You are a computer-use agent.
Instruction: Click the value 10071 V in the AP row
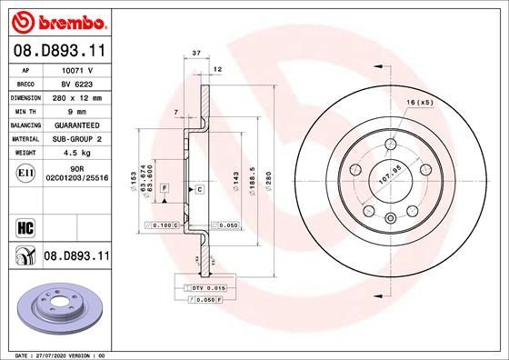pyautogui.click(x=76, y=68)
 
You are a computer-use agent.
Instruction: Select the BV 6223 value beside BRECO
pyautogui.click(x=76, y=81)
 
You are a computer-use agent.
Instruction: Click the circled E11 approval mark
pyautogui.click(x=25, y=173)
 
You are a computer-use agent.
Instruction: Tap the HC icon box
pyautogui.click(x=25, y=225)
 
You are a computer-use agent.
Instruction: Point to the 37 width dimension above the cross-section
pyautogui.click(x=196, y=54)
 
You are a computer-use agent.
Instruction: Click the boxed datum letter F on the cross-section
pyautogui.click(x=164, y=186)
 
